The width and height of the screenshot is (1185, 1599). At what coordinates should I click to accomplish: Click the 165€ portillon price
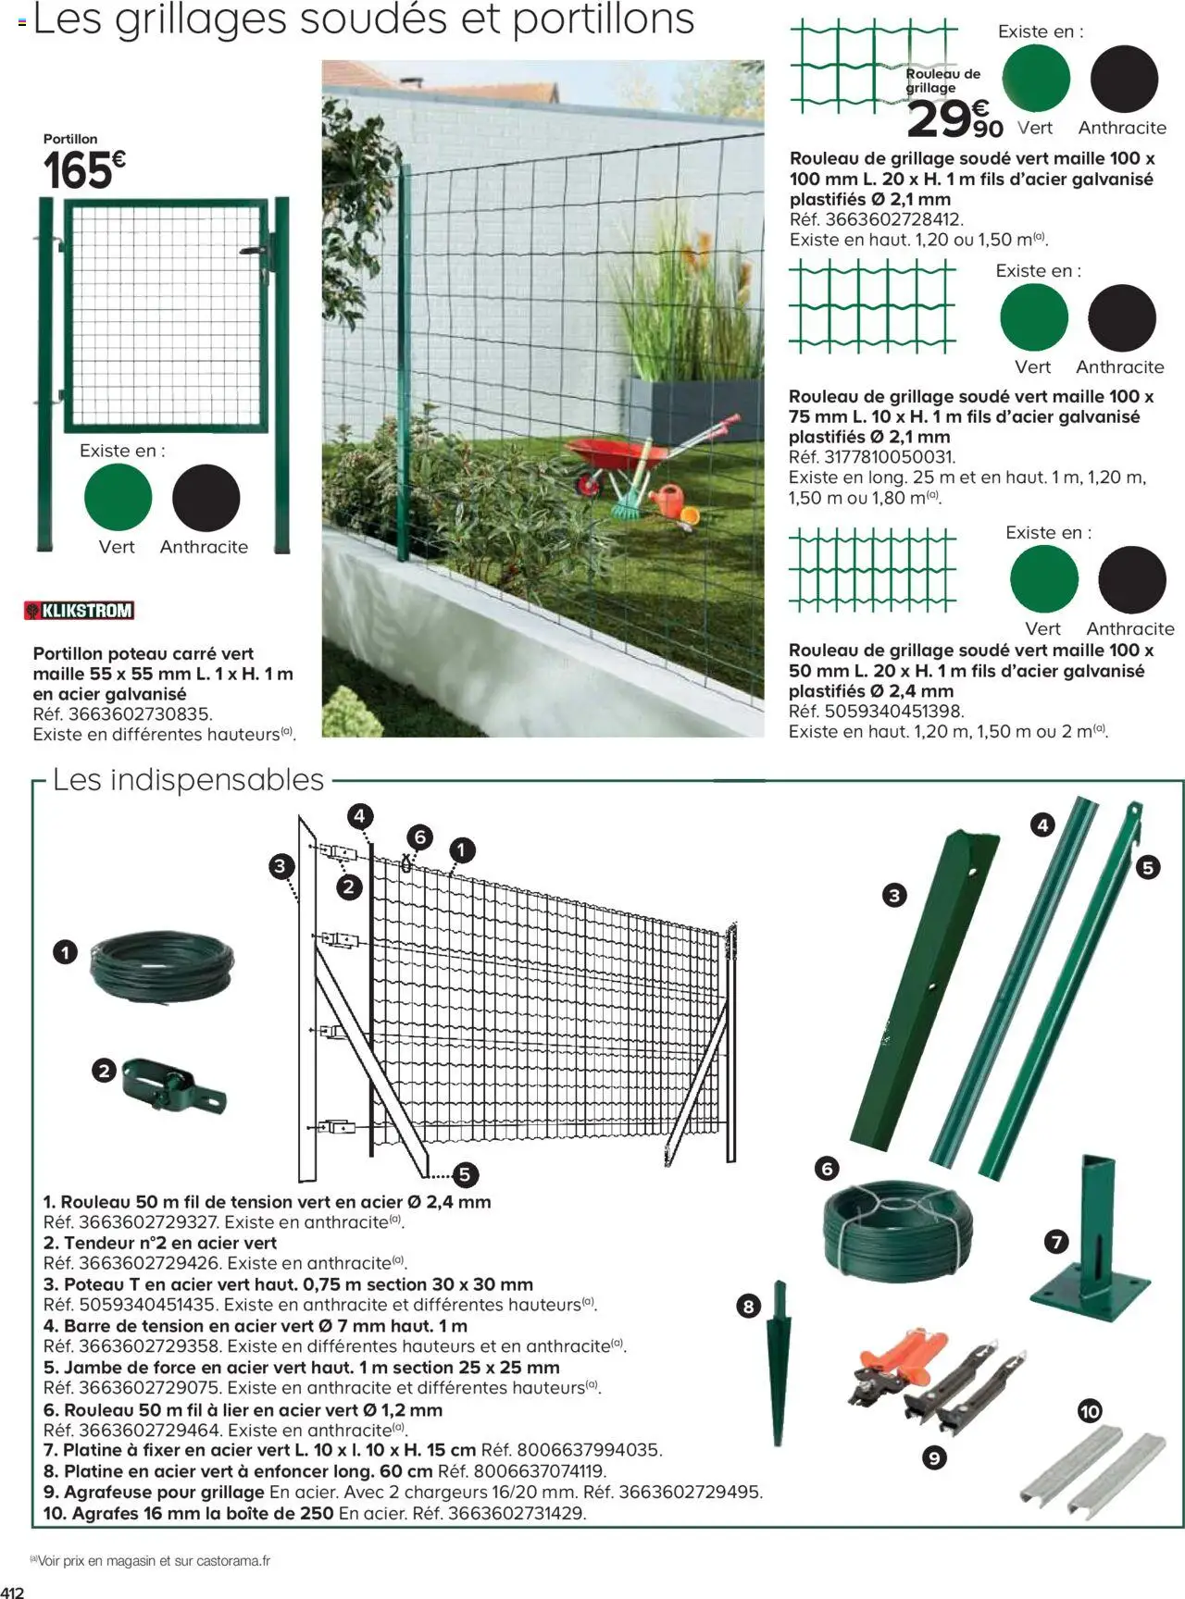click(83, 169)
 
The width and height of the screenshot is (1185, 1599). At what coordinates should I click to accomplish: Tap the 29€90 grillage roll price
click(954, 119)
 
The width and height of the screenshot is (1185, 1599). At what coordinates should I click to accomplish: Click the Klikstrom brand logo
click(79, 610)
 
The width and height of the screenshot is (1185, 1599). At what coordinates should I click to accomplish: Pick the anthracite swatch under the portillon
click(206, 498)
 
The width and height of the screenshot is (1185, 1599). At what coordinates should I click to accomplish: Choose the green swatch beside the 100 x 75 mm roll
click(1033, 317)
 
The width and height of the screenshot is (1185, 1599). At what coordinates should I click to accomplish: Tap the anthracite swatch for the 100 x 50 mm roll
click(1131, 579)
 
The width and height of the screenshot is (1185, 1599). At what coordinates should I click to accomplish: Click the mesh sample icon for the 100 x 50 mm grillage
click(872, 569)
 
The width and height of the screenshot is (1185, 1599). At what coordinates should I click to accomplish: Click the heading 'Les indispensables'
click(188, 779)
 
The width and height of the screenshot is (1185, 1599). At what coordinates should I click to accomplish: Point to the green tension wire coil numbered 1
click(161, 968)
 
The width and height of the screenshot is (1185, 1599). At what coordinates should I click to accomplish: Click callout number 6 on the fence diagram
click(420, 837)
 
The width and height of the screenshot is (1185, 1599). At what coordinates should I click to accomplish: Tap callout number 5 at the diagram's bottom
click(464, 1174)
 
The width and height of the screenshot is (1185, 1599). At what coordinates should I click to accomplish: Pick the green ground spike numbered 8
click(780, 1365)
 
